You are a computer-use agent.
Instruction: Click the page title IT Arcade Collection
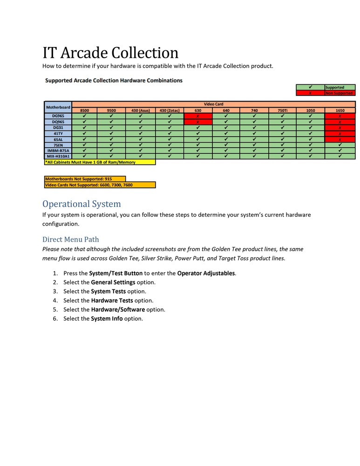pos(110,52)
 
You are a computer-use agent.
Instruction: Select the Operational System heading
pos(82,204)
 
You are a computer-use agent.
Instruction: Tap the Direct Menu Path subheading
pos(70,240)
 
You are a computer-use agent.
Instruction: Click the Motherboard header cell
pos(58,107)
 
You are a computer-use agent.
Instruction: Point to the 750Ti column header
pos(283,110)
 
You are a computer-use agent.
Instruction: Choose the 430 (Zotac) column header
pos(170,110)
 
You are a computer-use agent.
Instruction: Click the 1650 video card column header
pos(340,110)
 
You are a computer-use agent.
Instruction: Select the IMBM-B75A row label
pos(58,151)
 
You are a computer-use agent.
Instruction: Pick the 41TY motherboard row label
pos(58,133)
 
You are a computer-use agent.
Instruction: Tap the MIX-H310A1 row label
pos(58,156)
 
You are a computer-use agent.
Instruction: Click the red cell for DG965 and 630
pos(198,116)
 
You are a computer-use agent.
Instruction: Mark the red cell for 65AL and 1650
pos(340,139)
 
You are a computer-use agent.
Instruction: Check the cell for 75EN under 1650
pos(340,145)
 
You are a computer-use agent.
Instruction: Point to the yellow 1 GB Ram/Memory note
pos(100,162)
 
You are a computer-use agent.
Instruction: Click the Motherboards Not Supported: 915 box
pos(85,179)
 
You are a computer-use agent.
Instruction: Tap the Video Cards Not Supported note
pos(100,185)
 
